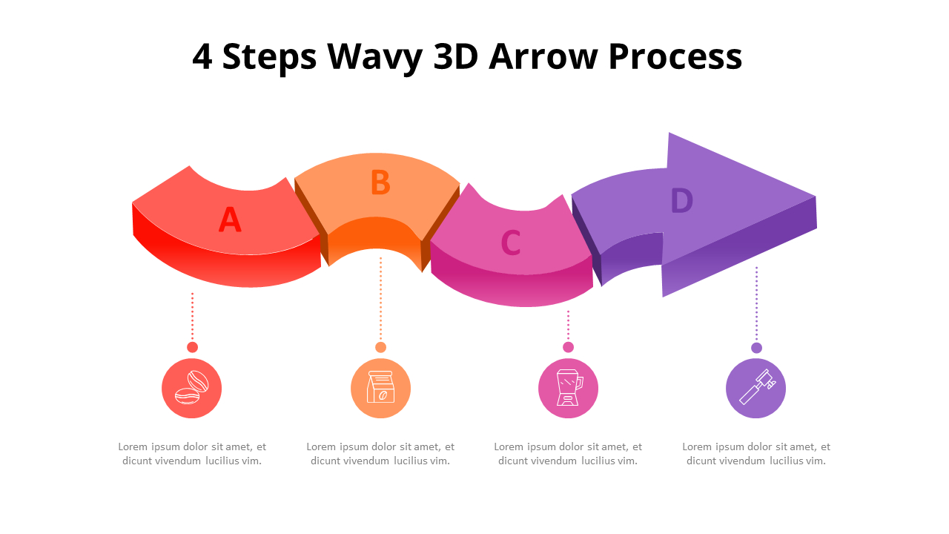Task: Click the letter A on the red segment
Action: pos(230,220)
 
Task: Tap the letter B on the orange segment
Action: pos(380,183)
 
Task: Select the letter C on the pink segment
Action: pos(510,243)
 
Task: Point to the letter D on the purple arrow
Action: pos(681,201)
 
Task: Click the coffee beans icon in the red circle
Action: pos(192,388)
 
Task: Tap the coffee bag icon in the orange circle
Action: pos(380,388)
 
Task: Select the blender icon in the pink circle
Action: pos(568,388)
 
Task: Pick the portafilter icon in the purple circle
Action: pos(755,388)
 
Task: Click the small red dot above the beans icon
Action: pos(192,347)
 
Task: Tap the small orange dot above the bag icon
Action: pos(380,347)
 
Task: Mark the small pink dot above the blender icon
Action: pos(568,347)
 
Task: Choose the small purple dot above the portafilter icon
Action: pos(756,348)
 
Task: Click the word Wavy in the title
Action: pos(375,57)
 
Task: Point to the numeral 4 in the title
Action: pos(202,57)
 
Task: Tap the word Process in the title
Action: pos(675,57)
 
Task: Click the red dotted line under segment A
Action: pos(192,315)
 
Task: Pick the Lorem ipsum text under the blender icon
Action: pos(568,454)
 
